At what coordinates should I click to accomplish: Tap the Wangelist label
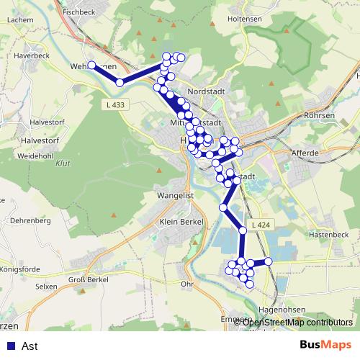click(175, 195)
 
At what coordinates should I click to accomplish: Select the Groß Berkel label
click(88, 279)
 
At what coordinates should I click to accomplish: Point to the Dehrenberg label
click(29, 220)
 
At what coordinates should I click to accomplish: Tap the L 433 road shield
click(113, 105)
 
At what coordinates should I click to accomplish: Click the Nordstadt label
click(206, 92)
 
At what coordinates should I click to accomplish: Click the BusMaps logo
click(326, 346)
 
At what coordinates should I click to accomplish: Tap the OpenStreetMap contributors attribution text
click(297, 323)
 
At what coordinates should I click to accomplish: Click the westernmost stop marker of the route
click(92, 66)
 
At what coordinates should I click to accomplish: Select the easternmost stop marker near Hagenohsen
click(269, 261)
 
